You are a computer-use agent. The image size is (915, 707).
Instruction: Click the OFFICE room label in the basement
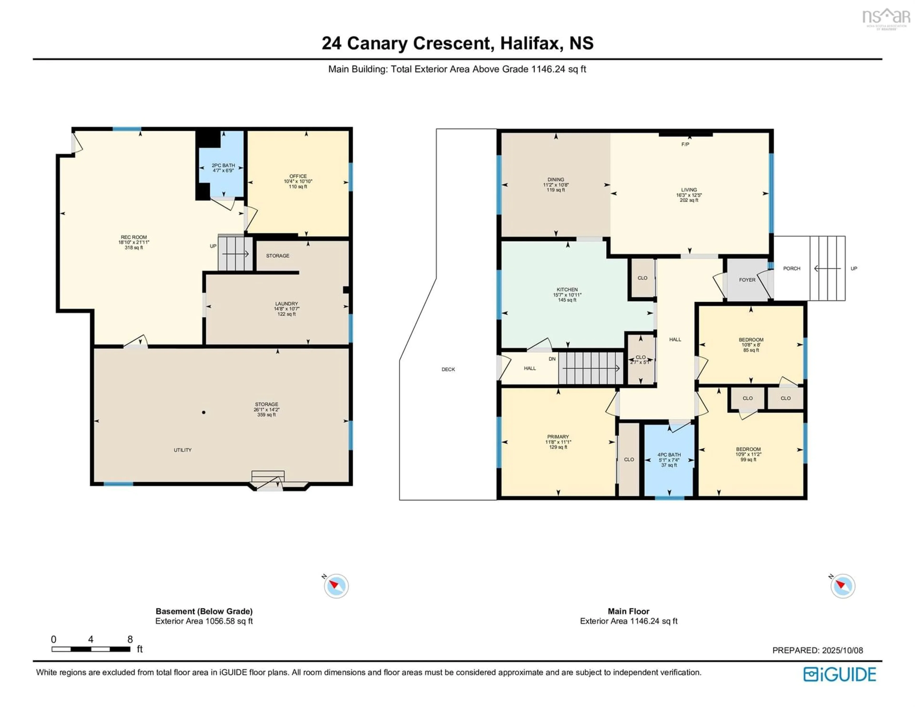coord(298,176)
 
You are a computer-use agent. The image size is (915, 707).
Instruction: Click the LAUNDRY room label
coord(287,303)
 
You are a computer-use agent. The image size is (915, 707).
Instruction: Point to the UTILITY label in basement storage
coord(183,450)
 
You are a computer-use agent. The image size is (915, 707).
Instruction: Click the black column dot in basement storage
coord(204,412)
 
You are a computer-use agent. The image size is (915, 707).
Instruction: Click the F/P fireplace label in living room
coord(685,144)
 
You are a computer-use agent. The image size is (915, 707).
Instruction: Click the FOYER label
coord(747,280)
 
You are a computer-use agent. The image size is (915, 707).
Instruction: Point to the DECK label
coord(448,369)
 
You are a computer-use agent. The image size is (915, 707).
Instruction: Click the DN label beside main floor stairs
coord(552,359)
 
